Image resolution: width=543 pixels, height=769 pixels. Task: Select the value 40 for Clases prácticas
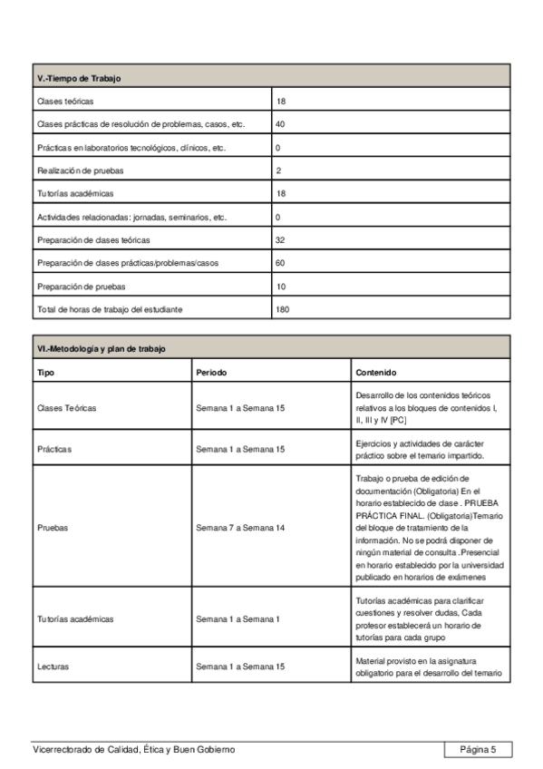click(280, 124)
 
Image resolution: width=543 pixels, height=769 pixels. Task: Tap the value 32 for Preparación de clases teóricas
click(280, 240)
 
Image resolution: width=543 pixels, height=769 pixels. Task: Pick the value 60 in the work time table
click(280, 263)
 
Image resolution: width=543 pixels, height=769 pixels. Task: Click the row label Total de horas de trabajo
click(110, 309)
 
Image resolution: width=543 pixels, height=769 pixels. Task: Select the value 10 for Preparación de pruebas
click(280, 287)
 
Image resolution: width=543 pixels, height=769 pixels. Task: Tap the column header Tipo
click(45, 373)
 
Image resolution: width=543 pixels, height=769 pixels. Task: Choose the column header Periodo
click(211, 373)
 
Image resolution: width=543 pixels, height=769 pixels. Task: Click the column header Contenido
click(376, 373)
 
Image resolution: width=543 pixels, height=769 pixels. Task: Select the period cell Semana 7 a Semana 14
click(240, 527)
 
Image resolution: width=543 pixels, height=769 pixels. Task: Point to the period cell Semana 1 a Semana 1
click(238, 619)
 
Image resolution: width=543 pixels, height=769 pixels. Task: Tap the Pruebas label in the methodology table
click(53, 527)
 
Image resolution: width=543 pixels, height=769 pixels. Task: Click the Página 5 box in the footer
click(478, 749)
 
